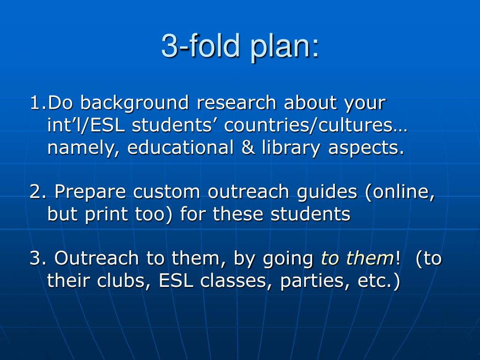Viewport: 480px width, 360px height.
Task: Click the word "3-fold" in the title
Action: tap(200, 45)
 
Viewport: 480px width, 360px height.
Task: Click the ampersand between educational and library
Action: tap(247, 148)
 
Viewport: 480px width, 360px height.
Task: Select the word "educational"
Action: tap(180, 147)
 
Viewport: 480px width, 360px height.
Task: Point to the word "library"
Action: tap(291, 148)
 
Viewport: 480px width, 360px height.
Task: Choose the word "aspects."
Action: tap(366, 148)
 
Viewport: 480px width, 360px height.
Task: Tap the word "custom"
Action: tap(166, 192)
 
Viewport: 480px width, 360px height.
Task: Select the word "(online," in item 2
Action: tap(400, 192)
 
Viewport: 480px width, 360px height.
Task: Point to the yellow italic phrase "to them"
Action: tap(357, 258)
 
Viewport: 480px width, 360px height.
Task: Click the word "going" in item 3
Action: tap(288, 259)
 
